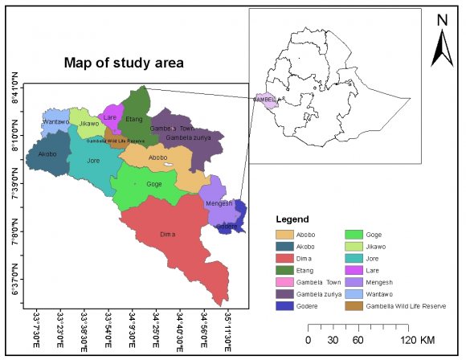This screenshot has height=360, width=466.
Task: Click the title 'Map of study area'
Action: pos(124,62)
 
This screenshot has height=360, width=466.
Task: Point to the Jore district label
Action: pos(93,161)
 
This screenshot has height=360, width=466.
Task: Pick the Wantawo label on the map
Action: pos(56,122)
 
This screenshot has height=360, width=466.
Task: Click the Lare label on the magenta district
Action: pos(110,117)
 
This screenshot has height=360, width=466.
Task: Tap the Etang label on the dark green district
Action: pos(134,120)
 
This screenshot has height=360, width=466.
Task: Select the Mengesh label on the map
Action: pos(219,203)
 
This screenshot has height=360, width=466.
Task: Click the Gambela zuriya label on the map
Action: pos(188,138)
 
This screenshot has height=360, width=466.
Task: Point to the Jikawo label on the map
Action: pos(89,124)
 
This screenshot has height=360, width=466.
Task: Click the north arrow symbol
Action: pos(440,51)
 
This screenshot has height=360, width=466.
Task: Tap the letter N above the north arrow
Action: pos(440,19)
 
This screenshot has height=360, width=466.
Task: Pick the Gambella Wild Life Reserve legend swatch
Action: pos(351,305)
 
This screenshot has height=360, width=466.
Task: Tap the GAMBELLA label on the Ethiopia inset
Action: pos(266,100)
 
